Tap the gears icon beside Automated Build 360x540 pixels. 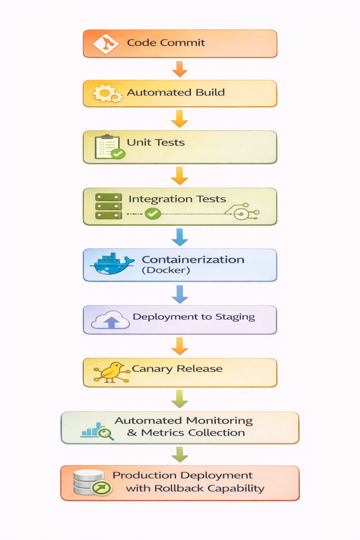108,94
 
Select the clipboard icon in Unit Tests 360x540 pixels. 109,147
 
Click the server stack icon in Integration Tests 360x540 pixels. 109,206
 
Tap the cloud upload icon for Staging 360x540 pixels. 111,320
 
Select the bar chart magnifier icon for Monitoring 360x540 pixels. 98,430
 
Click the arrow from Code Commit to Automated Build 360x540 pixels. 180,69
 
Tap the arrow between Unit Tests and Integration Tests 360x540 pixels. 180,176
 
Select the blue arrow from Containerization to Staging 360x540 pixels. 180,294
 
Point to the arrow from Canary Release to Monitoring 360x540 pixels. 180,399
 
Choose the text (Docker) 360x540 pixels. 166,271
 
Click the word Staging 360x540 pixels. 235,317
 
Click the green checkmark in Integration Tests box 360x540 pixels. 153,214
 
